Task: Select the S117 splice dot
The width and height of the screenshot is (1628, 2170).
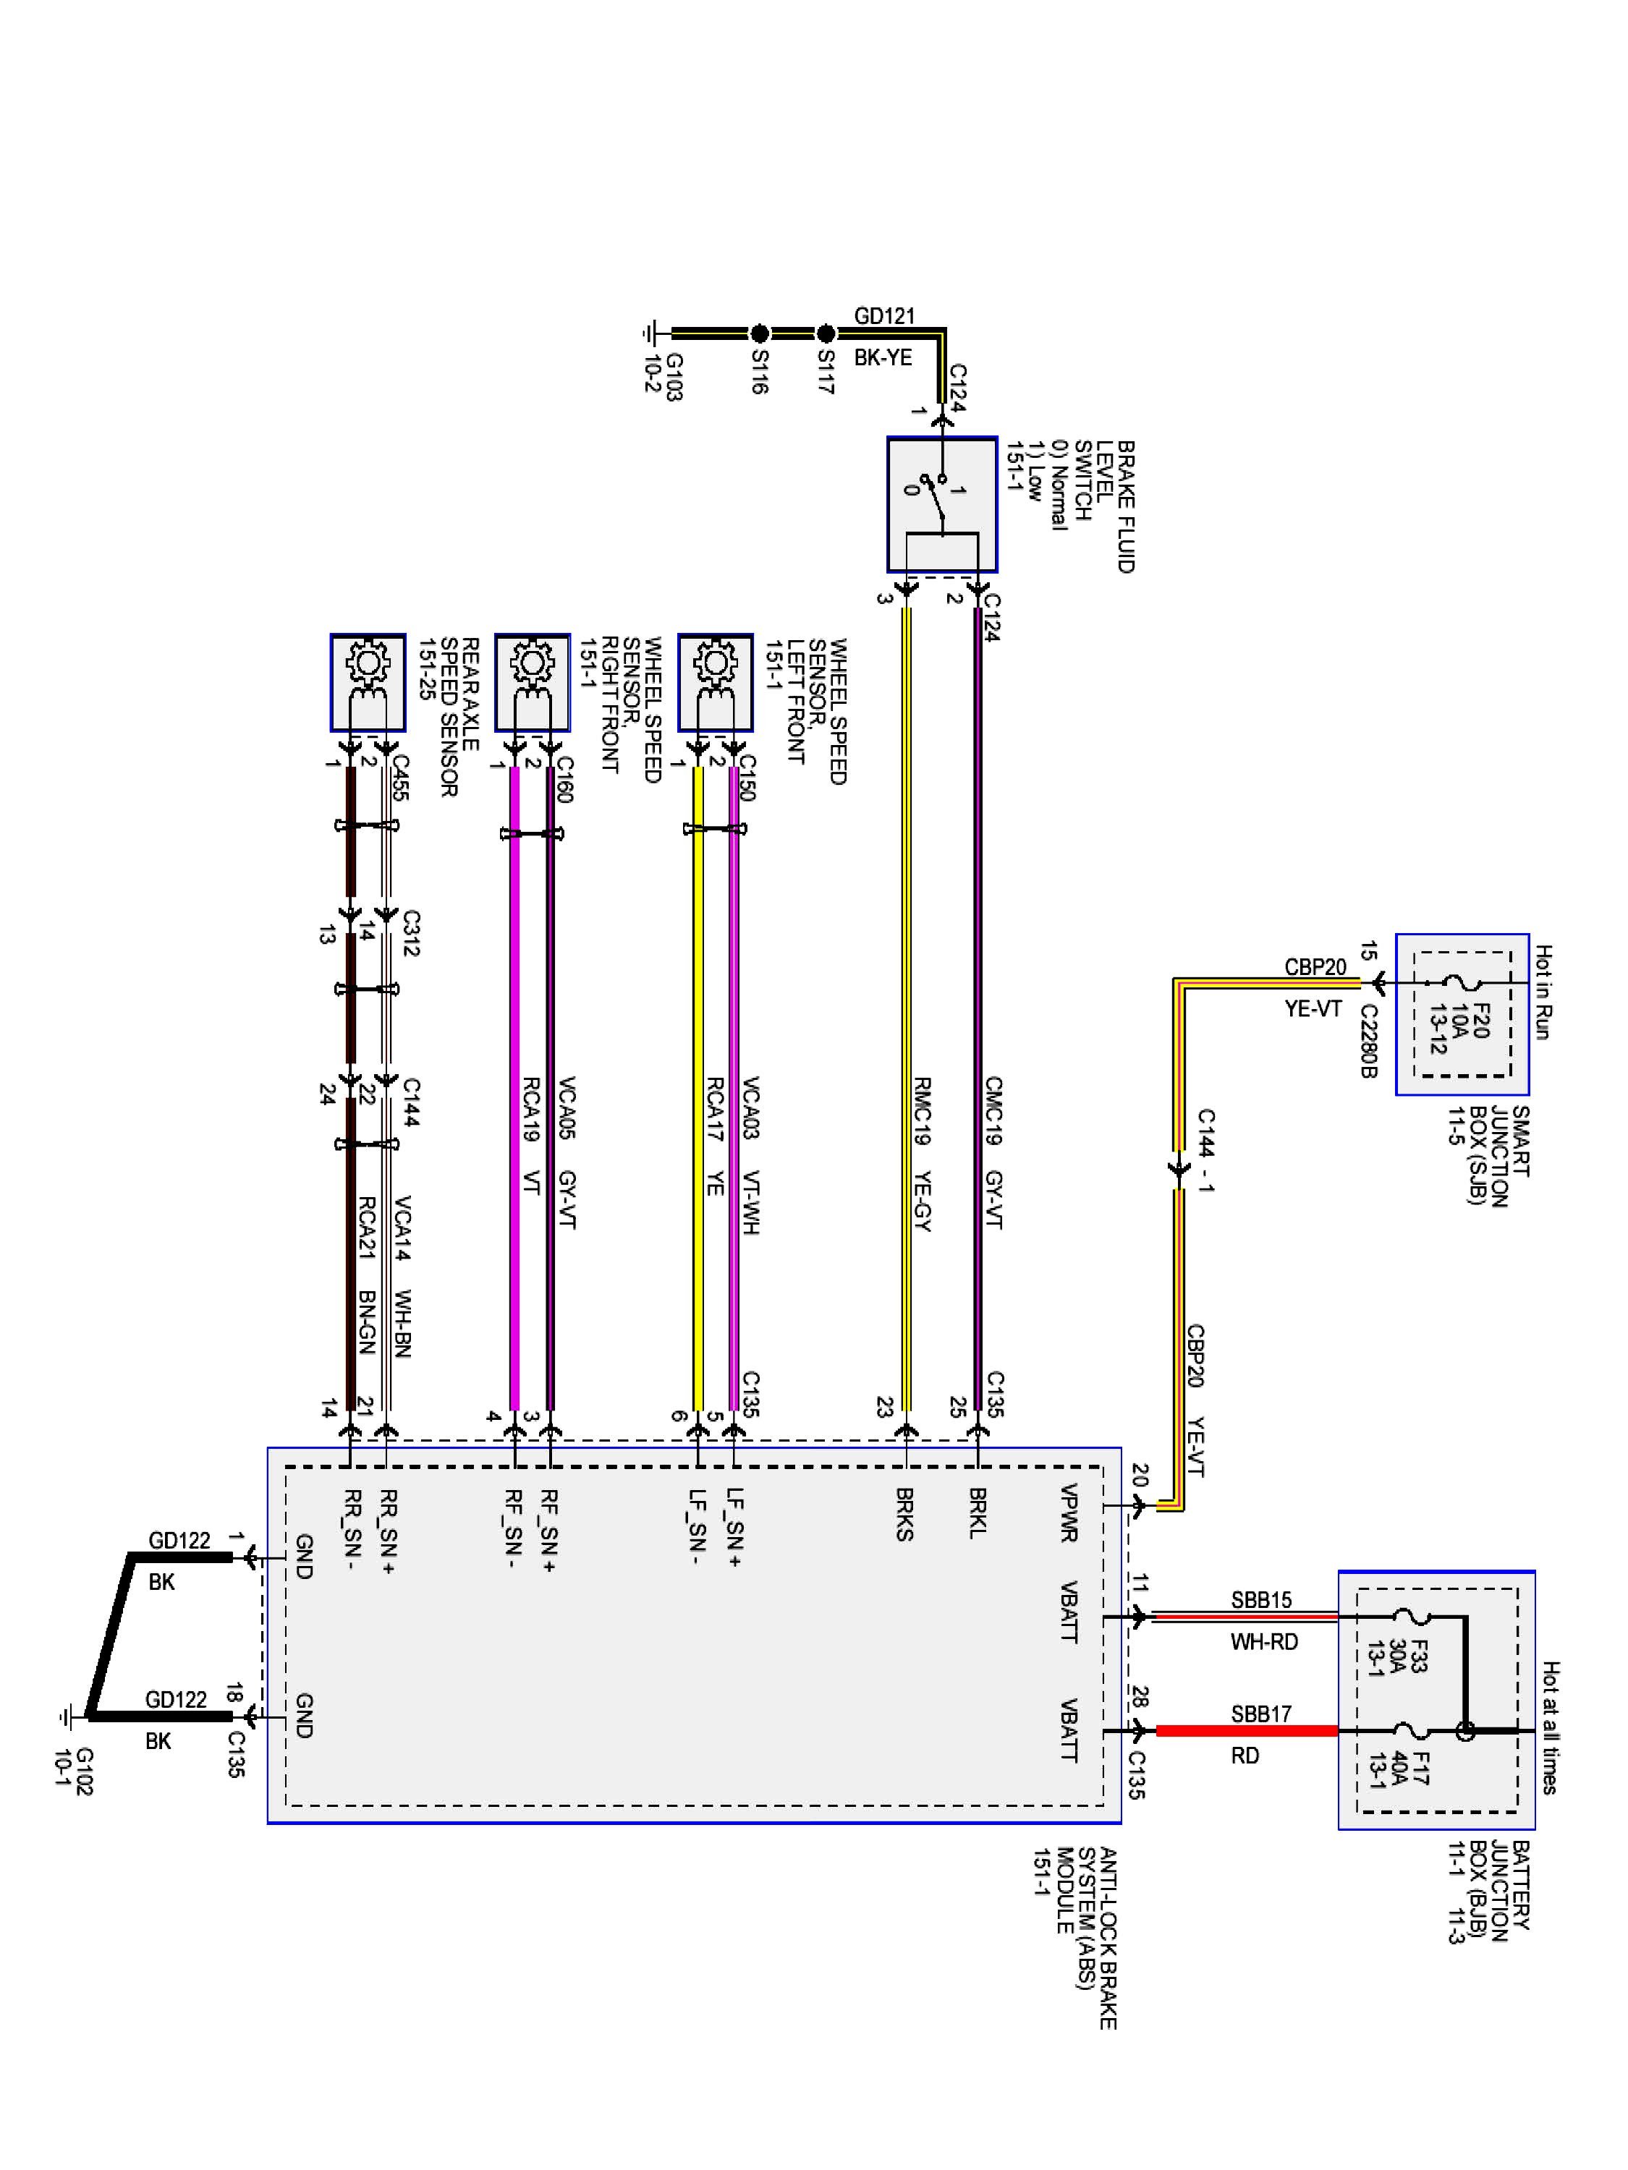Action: pos(826,333)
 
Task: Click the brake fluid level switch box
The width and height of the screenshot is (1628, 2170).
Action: pos(942,504)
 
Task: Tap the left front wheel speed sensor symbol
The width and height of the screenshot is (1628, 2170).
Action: pos(716,682)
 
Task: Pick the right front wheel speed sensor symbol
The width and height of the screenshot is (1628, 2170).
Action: pos(533,682)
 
